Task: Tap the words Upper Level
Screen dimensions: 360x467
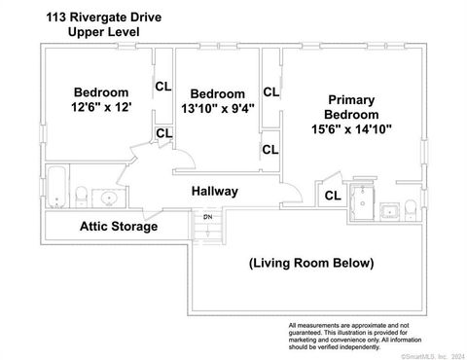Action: (103, 32)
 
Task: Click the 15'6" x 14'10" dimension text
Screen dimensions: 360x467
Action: (352, 128)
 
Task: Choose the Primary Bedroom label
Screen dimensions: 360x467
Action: (352, 106)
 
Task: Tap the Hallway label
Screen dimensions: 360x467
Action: (214, 192)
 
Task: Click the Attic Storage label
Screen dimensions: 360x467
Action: (118, 227)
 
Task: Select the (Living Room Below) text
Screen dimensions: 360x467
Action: (310, 262)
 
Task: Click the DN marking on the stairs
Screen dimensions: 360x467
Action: (206, 216)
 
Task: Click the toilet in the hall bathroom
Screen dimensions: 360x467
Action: (84, 194)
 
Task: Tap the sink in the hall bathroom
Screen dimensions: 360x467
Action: (109, 198)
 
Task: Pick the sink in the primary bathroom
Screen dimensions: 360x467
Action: (388, 208)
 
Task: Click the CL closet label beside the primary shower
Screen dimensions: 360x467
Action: (332, 195)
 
